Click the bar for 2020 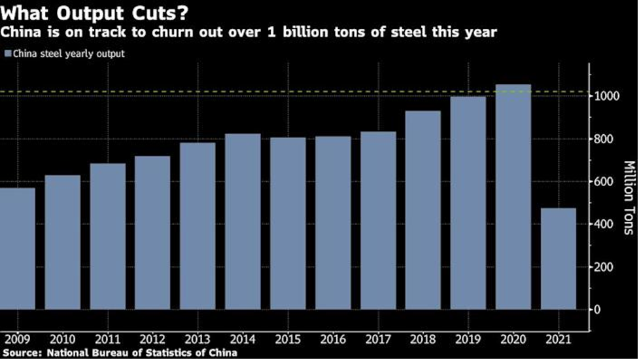513,196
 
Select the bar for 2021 558,259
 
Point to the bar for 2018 423,209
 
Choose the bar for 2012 152,232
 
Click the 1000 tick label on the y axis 607,96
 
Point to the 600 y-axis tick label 604,181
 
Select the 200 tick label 604,267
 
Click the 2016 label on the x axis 333,340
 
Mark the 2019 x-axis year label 468,340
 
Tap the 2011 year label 107,340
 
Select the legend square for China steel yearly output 7,54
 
